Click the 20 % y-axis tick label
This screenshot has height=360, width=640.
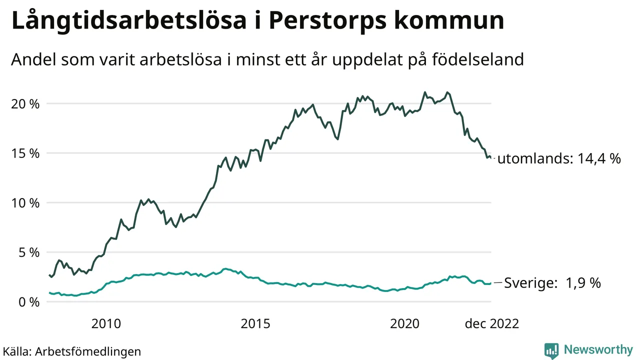tap(25, 104)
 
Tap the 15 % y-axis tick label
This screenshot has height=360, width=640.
tap(25, 153)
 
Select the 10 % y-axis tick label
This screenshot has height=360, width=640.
tap(25, 203)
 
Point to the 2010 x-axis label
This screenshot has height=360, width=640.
tap(106, 324)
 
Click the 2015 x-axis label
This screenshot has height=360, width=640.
tap(256, 324)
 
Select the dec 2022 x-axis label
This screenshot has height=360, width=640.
tap(492, 324)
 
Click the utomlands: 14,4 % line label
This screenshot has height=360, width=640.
tap(559, 159)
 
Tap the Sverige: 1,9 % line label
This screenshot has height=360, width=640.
tap(552, 283)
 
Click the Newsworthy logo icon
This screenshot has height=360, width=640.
tap(551, 350)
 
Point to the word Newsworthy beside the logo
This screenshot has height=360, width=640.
tap(598, 349)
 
